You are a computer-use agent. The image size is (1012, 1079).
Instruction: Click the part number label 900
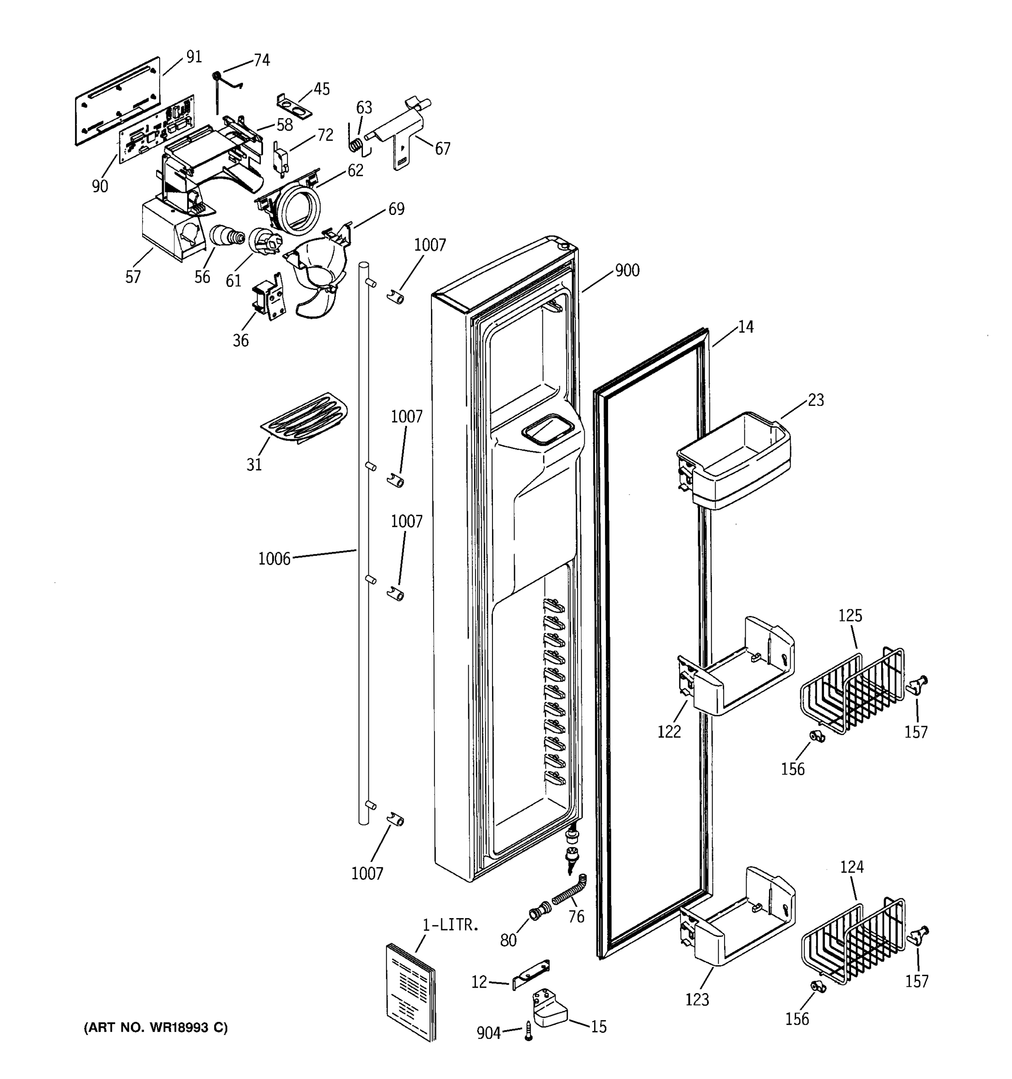[x=627, y=270]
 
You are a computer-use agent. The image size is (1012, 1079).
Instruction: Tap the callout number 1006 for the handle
[x=274, y=558]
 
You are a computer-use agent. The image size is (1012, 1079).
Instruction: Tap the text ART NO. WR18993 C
[x=156, y=1027]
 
